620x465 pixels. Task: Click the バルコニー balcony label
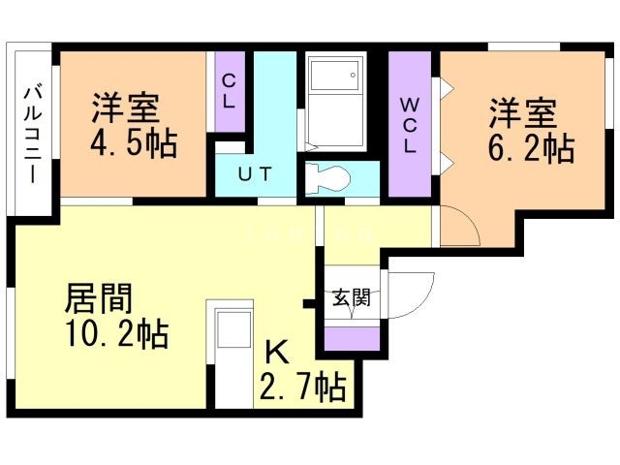click(31, 135)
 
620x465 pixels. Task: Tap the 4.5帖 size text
click(134, 144)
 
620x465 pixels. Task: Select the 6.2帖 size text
click(530, 149)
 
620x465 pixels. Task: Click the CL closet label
click(231, 91)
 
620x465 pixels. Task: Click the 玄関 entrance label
click(351, 297)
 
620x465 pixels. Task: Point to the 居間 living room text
click(99, 294)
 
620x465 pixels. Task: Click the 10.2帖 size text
click(117, 335)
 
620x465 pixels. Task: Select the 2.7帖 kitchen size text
click(301, 388)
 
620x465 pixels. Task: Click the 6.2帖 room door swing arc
click(460, 230)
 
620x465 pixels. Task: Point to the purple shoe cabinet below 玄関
click(352, 338)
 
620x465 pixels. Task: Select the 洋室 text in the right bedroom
click(523, 112)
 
